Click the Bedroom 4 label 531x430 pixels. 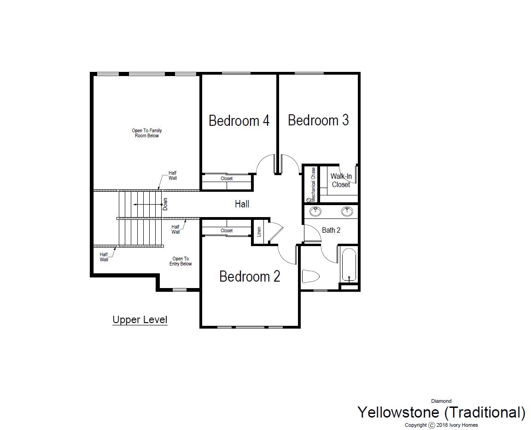239,121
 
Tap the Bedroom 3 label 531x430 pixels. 318,120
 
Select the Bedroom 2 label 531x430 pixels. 250,277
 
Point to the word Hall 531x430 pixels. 242,204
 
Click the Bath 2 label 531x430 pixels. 331,230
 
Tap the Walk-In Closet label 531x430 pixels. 341,180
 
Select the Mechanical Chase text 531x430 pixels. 313,185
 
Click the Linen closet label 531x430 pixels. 259,232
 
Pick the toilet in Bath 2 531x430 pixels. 311,276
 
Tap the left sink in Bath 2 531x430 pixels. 315,212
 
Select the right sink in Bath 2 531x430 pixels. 347,212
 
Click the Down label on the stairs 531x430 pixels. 165,204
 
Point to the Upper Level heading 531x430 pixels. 140,319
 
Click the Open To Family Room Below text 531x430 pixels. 147,133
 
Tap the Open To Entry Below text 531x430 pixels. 181,261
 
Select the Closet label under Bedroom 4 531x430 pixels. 227,178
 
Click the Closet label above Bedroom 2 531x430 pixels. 227,231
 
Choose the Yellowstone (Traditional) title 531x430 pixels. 442,412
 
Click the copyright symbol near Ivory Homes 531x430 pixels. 432,425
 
